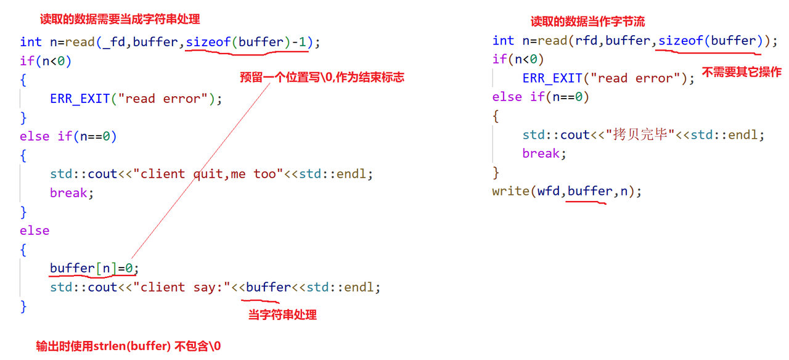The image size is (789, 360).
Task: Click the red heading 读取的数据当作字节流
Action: coord(587,22)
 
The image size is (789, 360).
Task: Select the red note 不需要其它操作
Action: coord(742,72)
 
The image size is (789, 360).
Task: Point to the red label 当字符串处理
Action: coord(282,315)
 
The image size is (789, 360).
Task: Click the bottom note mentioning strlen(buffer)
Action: coord(128,346)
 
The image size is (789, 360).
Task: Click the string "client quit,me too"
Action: coord(212,174)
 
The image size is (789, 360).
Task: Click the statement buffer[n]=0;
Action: coord(95,268)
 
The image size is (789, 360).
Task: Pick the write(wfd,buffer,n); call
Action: coord(567,191)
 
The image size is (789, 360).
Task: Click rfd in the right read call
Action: coord(586,41)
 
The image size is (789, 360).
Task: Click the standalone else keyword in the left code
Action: coord(35,231)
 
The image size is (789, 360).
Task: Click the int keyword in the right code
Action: coord(503,41)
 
